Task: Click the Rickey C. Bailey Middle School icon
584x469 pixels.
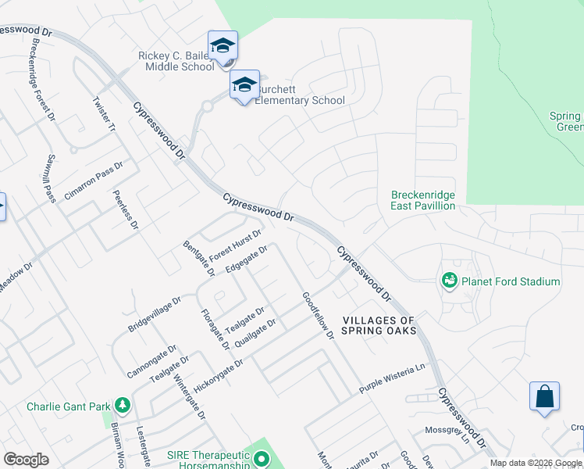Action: click(x=223, y=45)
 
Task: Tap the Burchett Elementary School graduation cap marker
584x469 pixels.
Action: click(x=244, y=84)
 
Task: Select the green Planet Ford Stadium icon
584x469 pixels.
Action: click(x=449, y=281)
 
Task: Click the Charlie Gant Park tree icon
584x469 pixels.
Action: click(x=122, y=405)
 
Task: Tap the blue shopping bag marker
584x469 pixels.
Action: click(x=544, y=396)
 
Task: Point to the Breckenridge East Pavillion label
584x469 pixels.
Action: click(x=422, y=200)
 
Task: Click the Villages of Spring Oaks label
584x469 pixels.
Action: click(x=379, y=325)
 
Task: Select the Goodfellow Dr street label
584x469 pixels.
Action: click(x=318, y=315)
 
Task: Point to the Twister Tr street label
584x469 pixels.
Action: click(x=104, y=114)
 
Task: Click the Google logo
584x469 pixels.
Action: click(x=26, y=460)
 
